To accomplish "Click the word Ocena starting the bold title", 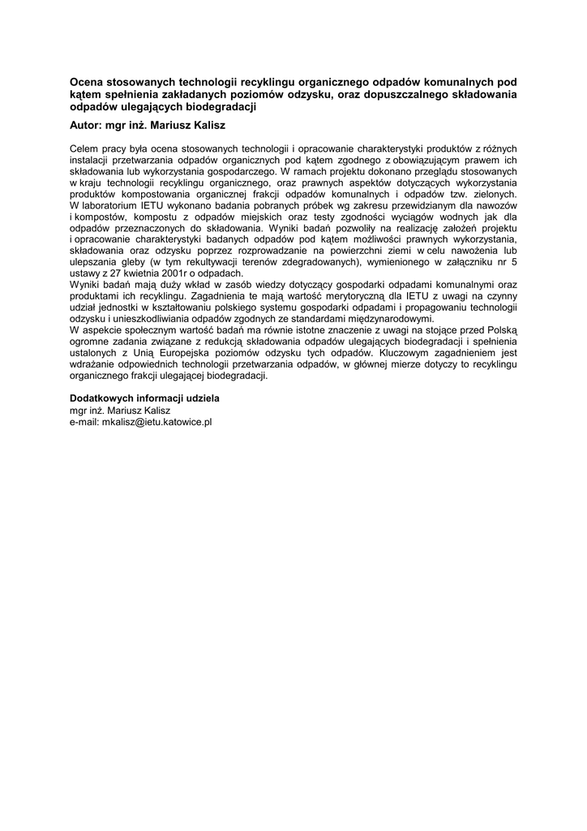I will pos(87,82).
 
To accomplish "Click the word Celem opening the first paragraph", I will pos(84,149).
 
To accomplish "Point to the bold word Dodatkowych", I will pos(101,399).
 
